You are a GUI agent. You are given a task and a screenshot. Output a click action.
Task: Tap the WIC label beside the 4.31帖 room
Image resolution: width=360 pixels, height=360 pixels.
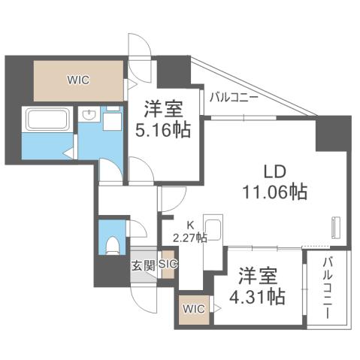pyautogui.click(x=192, y=309)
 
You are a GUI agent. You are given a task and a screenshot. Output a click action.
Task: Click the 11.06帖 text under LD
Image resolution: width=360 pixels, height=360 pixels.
pyautogui.click(x=274, y=192)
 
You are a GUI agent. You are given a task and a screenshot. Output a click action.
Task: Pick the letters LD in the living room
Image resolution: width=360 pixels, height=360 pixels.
pyautogui.click(x=274, y=169)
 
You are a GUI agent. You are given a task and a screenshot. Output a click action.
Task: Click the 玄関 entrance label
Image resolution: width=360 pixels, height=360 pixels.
pyautogui.click(x=143, y=265)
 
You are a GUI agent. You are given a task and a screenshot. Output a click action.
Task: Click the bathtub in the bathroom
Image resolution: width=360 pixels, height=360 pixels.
pyautogui.click(x=47, y=119)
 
